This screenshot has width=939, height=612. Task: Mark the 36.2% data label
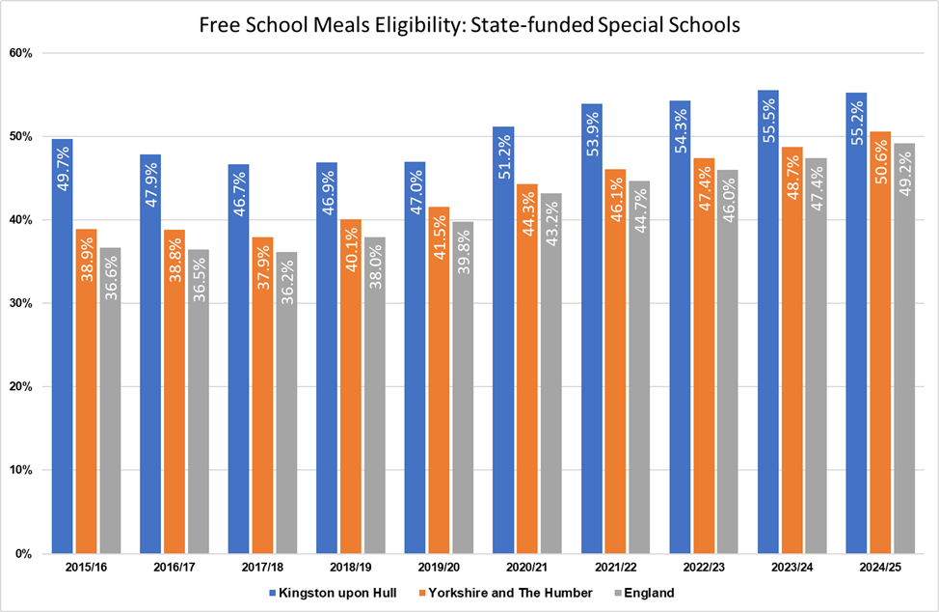(x=285, y=285)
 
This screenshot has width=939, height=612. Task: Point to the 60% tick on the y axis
(x=21, y=53)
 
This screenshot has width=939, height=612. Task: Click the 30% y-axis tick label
(x=21, y=303)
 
